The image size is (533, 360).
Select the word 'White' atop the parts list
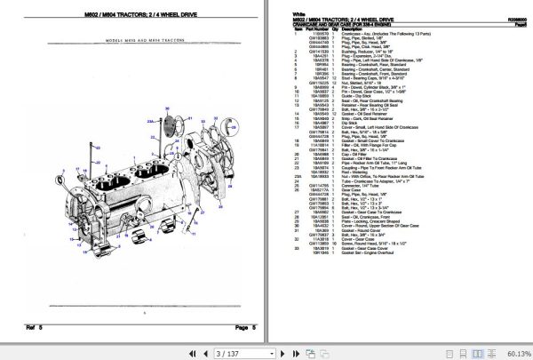(x=299, y=15)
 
